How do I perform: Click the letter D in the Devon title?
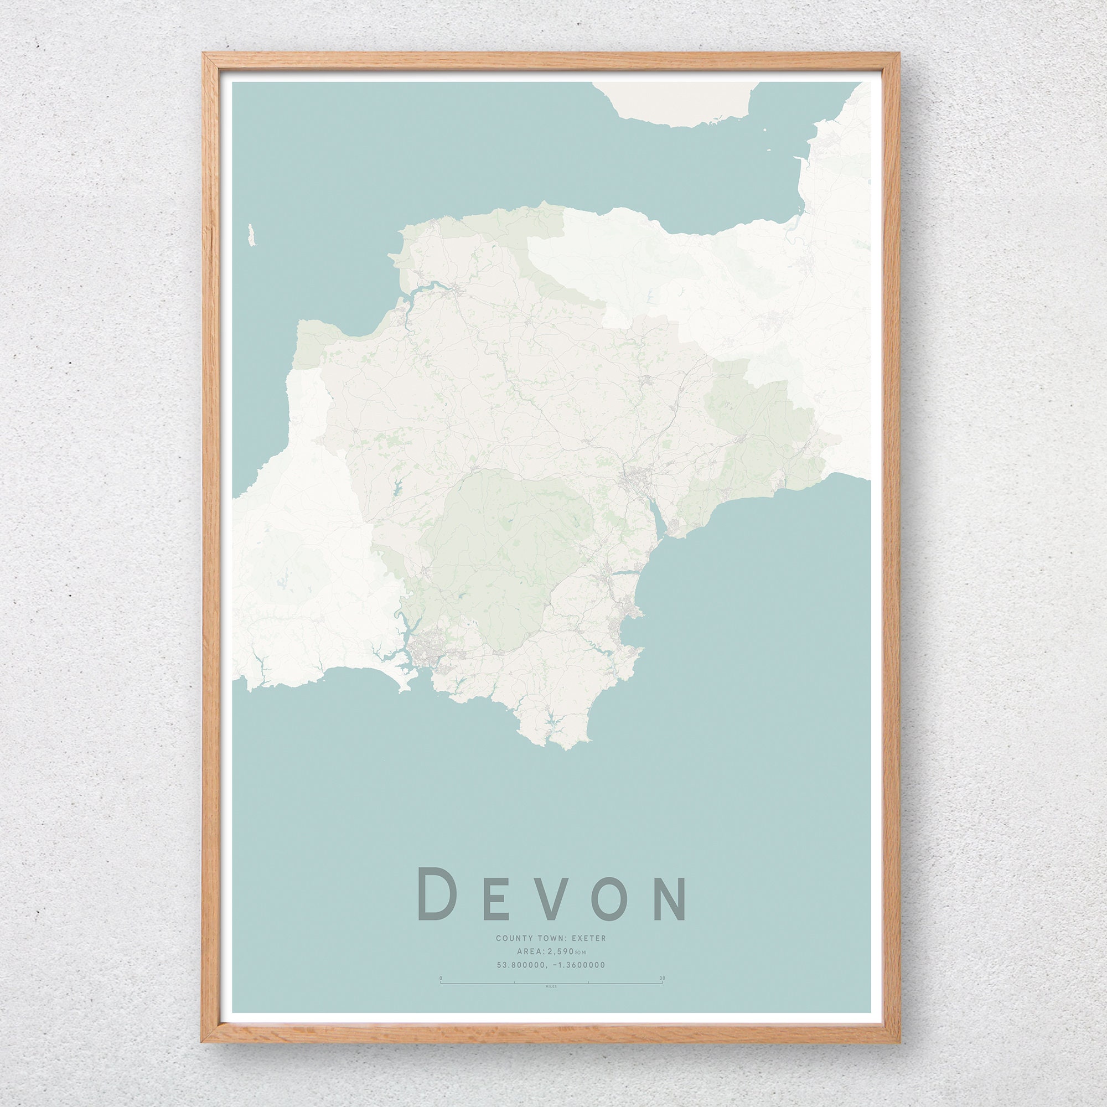click(437, 894)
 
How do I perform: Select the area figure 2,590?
click(561, 951)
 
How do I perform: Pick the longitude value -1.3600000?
click(582, 965)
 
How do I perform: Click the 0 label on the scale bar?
click(441, 978)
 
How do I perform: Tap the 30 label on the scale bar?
click(663, 978)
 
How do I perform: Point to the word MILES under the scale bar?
click(551, 987)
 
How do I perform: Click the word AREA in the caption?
click(526, 951)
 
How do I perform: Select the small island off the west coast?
click(251, 235)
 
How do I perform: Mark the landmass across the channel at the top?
click(676, 103)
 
